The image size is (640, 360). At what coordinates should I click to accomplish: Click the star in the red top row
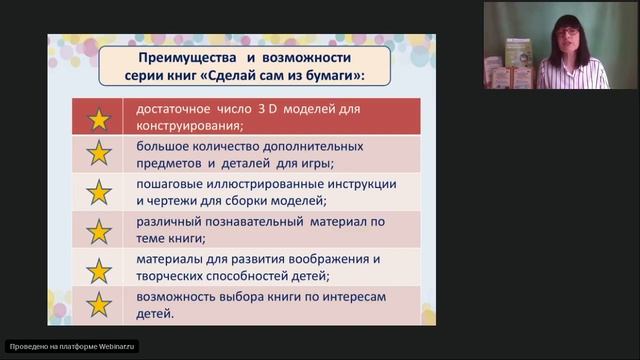pos(99,118)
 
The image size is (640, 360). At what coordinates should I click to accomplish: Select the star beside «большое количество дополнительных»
pos(99,154)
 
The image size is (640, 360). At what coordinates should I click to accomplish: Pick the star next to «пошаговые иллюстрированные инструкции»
pos(99,192)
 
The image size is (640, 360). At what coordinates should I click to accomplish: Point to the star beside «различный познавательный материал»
pos(99,231)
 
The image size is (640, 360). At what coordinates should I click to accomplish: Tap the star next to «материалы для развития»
pos(99,268)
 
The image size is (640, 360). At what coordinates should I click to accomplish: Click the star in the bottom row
pos(99,305)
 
